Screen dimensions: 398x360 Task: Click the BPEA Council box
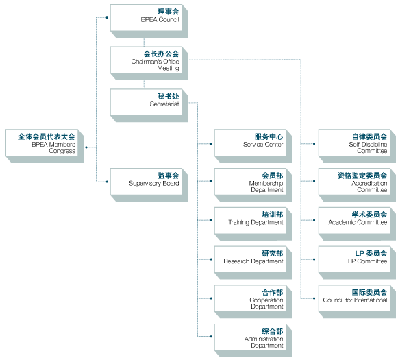coord(149,21)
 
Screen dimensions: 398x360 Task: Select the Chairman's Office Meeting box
coord(149,63)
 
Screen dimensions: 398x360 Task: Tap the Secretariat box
coord(149,106)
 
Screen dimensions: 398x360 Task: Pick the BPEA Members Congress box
coord(45,146)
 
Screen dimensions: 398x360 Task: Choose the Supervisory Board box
coord(149,185)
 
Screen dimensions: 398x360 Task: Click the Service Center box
coord(253,146)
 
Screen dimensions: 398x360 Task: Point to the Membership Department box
coord(253,185)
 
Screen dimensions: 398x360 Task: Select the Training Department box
coord(253,224)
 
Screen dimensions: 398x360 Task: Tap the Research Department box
coord(253,263)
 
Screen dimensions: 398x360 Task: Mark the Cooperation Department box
coord(253,302)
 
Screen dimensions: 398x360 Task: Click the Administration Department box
coord(253,340)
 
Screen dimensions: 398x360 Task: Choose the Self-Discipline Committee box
coord(357,146)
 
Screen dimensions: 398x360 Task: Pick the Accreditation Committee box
coord(357,185)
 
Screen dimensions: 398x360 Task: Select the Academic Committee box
coord(357,224)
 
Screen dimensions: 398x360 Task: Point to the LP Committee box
coord(357,263)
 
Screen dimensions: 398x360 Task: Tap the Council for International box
coord(357,302)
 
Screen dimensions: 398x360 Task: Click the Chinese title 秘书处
coord(169,96)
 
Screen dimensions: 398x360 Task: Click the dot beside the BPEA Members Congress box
coord(86,147)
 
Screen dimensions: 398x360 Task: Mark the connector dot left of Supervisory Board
coord(107,182)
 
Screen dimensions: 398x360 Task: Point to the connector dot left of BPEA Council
coord(107,18)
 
